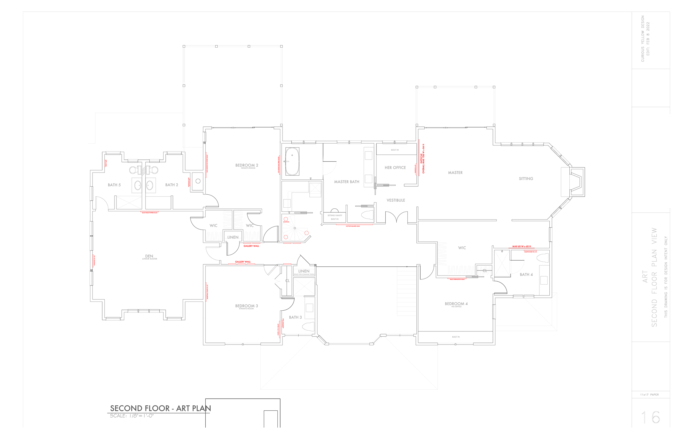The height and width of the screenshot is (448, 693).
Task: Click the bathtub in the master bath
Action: tap(292, 161)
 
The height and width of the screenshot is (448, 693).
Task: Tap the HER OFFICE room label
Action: tap(395, 168)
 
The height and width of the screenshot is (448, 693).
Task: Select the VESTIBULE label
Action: tap(396, 200)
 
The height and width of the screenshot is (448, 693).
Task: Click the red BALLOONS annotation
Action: tap(286, 222)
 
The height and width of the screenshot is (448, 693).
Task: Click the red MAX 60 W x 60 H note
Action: tap(521, 246)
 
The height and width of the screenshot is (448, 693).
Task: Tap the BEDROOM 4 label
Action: tap(456, 304)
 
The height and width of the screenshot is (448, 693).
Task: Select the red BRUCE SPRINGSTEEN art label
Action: tap(457, 279)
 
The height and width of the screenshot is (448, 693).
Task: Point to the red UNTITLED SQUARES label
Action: tap(353, 226)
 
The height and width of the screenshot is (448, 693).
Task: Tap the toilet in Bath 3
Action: tap(309, 326)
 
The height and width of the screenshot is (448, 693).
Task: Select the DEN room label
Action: tap(149, 256)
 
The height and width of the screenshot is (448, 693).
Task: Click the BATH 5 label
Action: tap(114, 185)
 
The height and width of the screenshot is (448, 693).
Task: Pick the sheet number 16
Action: tap(651, 418)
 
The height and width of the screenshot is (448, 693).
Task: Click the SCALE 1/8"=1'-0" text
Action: tap(132, 416)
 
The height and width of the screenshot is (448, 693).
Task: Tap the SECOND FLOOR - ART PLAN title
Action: tap(160, 408)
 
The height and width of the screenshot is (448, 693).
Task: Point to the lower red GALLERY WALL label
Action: tap(243, 262)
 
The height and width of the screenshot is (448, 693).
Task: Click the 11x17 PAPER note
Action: tap(649, 395)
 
